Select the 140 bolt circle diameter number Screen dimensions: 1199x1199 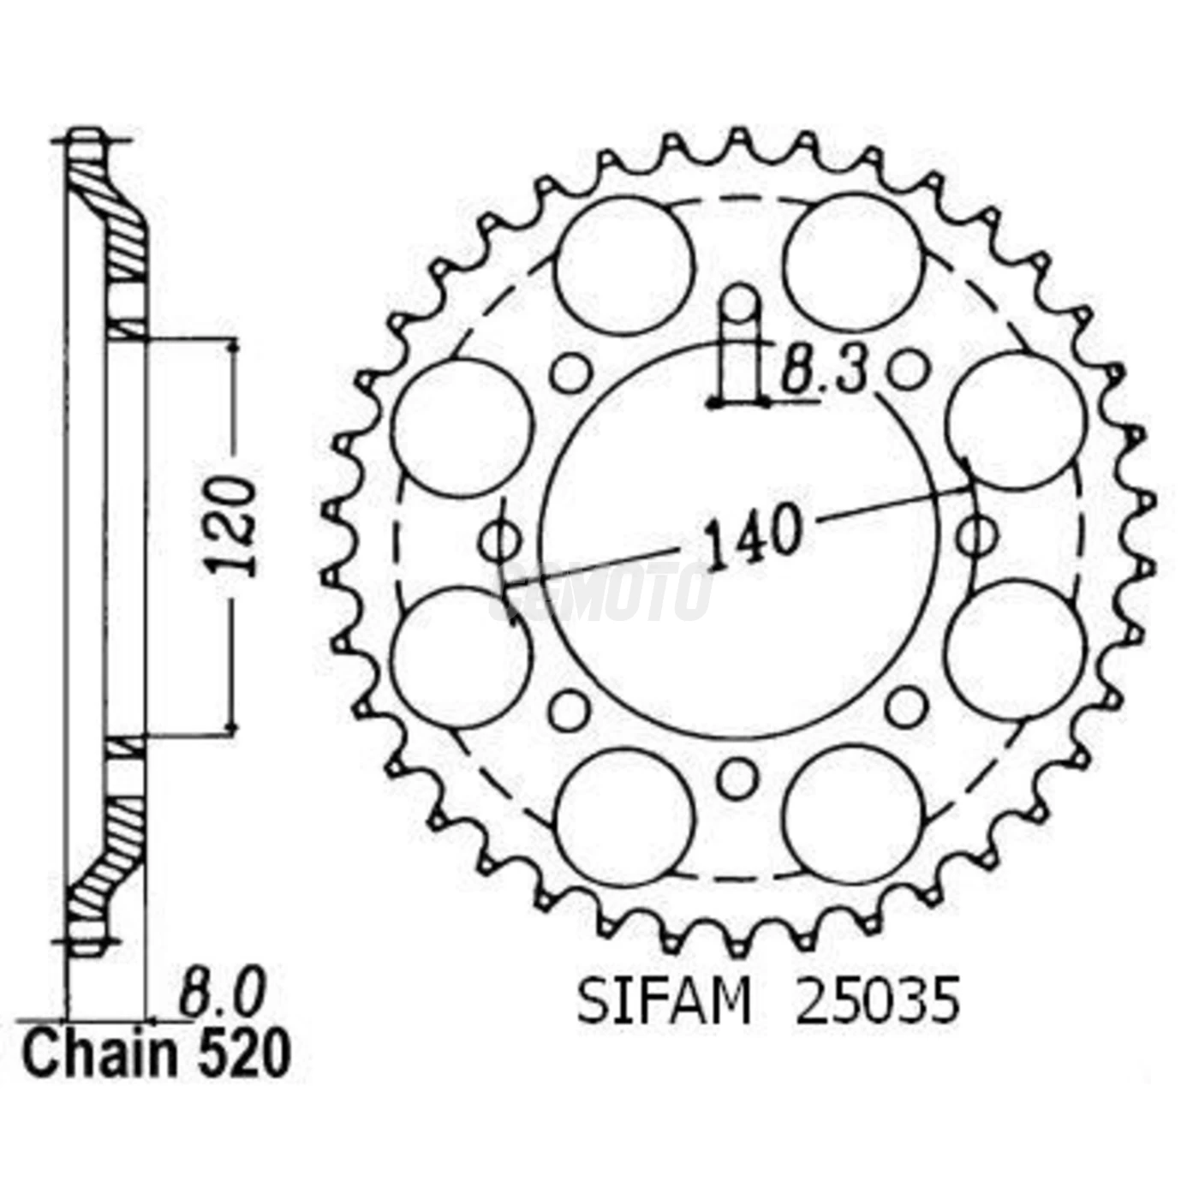(x=752, y=535)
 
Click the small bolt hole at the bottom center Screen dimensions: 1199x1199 (x=737, y=778)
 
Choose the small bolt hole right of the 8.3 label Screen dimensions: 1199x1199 (x=908, y=371)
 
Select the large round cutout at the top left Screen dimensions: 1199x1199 (x=623, y=266)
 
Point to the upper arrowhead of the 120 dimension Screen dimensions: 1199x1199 (x=231, y=345)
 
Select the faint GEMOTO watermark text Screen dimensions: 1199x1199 (x=599, y=593)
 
